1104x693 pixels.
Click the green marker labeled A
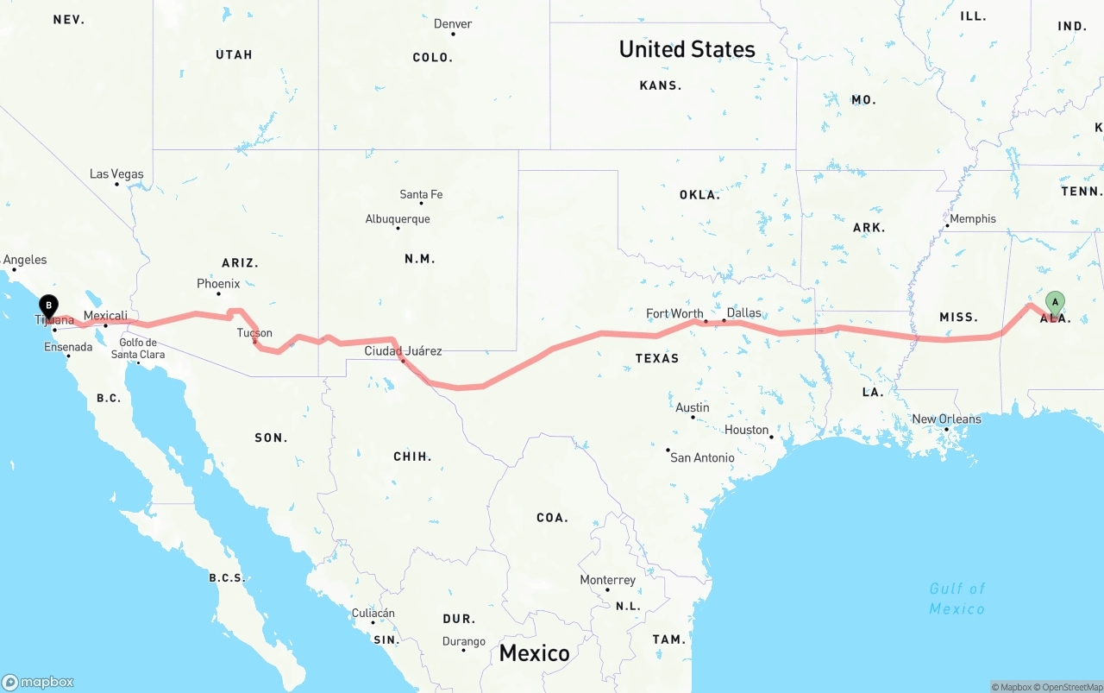pyautogui.click(x=1054, y=302)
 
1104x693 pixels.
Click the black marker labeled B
pyautogui.click(x=49, y=306)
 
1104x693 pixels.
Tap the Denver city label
pyautogui.click(x=453, y=23)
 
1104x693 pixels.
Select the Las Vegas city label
pyautogui.click(x=116, y=174)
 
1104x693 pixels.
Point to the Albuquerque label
pyautogui.click(x=397, y=219)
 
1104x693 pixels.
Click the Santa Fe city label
pyautogui.click(x=421, y=195)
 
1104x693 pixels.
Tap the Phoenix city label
pyautogui.click(x=218, y=283)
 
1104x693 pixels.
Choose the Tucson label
pyautogui.click(x=254, y=333)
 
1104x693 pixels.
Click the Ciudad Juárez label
pyautogui.click(x=403, y=350)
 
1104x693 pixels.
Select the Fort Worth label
pyautogui.click(x=674, y=313)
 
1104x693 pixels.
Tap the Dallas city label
pyautogui.click(x=743, y=312)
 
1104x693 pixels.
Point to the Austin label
pyautogui.click(x=693, y=407)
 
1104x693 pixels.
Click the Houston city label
pyautogui.click(x=746, y=430)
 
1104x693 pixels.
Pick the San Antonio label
pyautogui.click(x=702, y=457)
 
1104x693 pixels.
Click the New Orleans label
pyautogui.click(x=946, y=419)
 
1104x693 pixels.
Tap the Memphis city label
pyautogui.click(x=972, y=219)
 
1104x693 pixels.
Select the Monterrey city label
pyautogui.click(x=607, y=580)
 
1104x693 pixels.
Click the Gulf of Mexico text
pyautogui.click(x=957, y=599)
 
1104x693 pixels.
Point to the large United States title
pyautogui.click(x=687, y=49)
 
